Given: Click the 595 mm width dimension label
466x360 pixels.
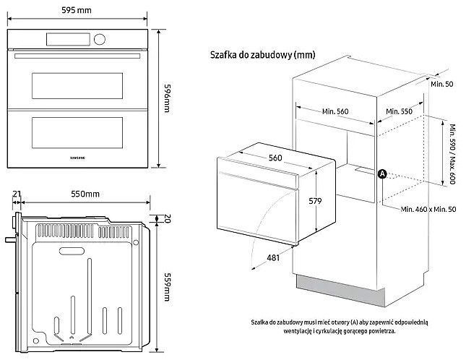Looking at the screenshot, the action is point(77,10).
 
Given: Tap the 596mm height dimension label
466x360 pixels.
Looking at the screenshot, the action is point(168,98).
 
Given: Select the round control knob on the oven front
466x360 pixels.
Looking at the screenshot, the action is point(99,39).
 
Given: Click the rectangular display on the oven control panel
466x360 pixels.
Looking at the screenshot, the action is point(68,39).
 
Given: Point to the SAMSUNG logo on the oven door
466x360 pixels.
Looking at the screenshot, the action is point(77,158).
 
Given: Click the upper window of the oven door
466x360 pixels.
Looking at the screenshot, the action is point(77,86).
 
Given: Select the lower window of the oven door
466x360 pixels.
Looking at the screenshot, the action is point(77,132).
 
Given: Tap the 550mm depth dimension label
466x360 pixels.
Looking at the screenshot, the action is point(85,194).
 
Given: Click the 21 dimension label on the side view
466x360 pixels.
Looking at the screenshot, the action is point(17,194).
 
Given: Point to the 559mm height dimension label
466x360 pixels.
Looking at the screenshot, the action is point(168,287).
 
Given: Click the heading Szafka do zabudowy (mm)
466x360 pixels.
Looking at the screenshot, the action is point(262,55).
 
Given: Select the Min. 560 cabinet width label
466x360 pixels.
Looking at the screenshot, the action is point(335,111).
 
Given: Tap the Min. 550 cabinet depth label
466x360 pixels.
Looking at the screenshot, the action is point(399,111).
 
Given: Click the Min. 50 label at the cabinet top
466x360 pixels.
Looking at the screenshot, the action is point(442,84).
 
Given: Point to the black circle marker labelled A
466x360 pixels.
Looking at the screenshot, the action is point(382,174).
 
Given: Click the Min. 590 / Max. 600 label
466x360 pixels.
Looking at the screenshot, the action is point(452,154).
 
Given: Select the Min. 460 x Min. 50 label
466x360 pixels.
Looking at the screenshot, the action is point(428,210).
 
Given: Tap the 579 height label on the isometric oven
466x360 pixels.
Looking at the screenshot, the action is point(315,201).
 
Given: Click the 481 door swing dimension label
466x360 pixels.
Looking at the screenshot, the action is point(273,257).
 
